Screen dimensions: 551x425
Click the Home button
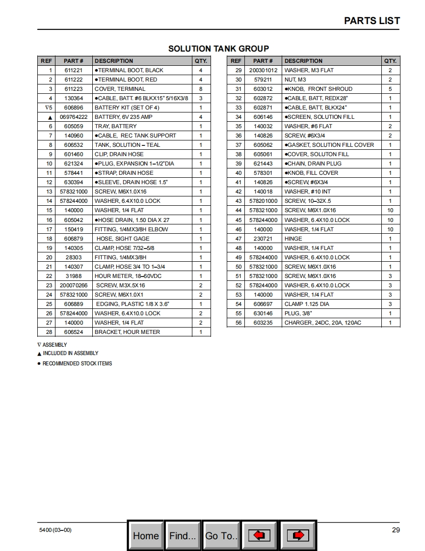[146, 535]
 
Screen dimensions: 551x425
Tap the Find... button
[183, 535]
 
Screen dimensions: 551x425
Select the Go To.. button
[221, 535]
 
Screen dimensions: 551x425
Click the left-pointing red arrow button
[259, 535]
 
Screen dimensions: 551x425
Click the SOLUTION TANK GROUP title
[218, 49]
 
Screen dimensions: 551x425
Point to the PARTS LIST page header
[372, 21]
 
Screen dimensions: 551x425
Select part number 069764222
[74, 117]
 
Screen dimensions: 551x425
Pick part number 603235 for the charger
[263, 323]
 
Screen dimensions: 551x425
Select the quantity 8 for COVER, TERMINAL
[201, 89]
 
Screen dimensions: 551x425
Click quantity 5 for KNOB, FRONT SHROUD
[390, 89]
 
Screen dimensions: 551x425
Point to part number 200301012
[263, 70]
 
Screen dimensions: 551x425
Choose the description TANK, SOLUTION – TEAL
[127, 145]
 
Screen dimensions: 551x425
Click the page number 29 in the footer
[396, 530]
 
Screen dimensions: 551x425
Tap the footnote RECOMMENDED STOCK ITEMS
[77, 363]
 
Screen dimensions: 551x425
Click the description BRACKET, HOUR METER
[127, 332]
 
